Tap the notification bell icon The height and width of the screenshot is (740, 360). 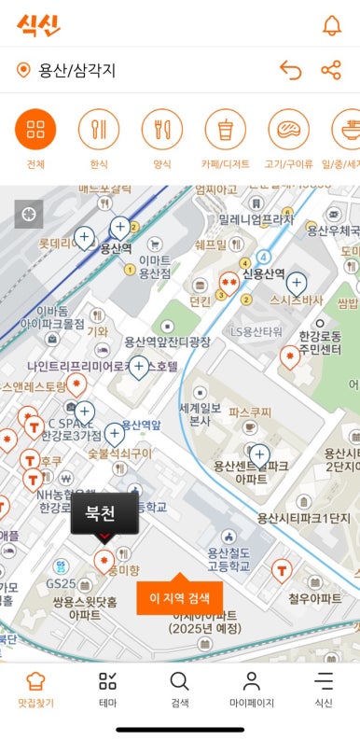point(331,25)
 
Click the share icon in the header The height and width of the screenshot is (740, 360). point(331,70)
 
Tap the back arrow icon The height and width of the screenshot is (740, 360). point(291,70)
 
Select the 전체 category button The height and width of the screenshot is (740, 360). point(35,130)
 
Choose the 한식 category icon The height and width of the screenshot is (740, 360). point(99,130)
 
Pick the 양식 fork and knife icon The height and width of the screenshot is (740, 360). point(161,130)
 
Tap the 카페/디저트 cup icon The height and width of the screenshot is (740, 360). point(225,130)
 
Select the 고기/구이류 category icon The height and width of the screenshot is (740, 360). point(288,130)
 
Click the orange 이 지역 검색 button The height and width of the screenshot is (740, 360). point(180,598)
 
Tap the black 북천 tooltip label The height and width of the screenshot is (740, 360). point(104,512)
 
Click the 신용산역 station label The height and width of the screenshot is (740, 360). point(262,273)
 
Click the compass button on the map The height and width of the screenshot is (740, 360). point(29,214)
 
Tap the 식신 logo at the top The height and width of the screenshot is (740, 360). point(38,24)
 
